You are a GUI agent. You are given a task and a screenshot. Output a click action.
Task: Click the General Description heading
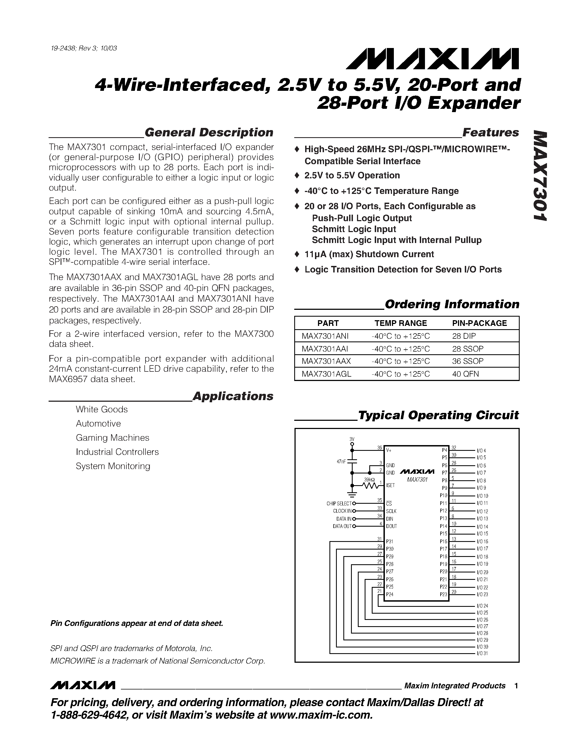209,133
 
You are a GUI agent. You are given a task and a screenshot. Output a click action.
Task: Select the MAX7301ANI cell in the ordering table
325,336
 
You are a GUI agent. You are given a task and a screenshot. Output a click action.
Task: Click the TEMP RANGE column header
400,323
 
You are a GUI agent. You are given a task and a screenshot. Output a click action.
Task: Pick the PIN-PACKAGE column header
479,323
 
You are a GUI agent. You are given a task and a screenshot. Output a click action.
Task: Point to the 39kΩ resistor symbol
370,485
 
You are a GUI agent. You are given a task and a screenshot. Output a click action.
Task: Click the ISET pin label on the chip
390,485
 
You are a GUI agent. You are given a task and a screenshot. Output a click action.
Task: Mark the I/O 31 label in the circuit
482,653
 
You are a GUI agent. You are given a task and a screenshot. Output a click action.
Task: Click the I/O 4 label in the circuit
481,451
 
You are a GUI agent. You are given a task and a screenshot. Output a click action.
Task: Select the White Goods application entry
102,409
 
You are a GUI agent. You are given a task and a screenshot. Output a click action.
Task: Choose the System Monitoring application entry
113,466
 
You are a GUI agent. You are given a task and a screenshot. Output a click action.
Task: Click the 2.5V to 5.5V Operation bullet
352,175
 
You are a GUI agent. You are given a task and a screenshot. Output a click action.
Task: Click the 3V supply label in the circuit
352,439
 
